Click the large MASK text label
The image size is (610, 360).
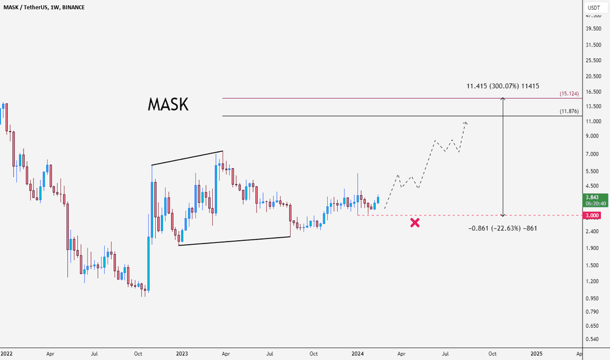pos(168,105)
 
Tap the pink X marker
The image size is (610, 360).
pos(415,223)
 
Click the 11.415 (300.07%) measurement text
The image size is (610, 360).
pos(503,86)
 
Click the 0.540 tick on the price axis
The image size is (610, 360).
pos(593,339)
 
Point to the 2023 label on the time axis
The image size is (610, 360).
pos(182,353)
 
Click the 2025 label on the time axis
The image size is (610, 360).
pos(536,353)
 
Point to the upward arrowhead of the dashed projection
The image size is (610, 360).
pos(466,122)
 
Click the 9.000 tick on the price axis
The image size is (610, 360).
pos(593,136)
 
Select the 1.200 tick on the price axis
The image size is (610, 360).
pos(593,281)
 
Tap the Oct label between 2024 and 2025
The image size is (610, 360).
pos(492,353)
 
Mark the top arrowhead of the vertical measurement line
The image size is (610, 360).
pos(503,99)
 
